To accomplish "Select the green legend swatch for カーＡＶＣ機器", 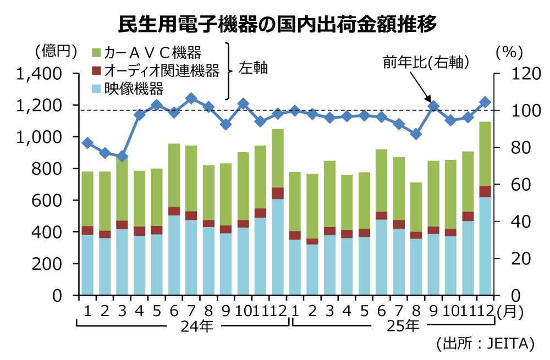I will [x=95, y=53].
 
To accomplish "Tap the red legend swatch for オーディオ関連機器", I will [x=95, y=70].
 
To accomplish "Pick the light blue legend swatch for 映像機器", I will [x=95, y=88].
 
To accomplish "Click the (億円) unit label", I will [x=54, y=52].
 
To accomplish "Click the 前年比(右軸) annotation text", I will [x=426, y=63].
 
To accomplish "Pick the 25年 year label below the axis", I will [x=404, y=326].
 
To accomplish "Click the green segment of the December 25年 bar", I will [x=485, y=154].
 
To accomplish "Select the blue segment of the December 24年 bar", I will [x=277, y=247].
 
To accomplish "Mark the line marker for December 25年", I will [x=485, y=102].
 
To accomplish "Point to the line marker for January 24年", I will [x=87, y=143].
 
